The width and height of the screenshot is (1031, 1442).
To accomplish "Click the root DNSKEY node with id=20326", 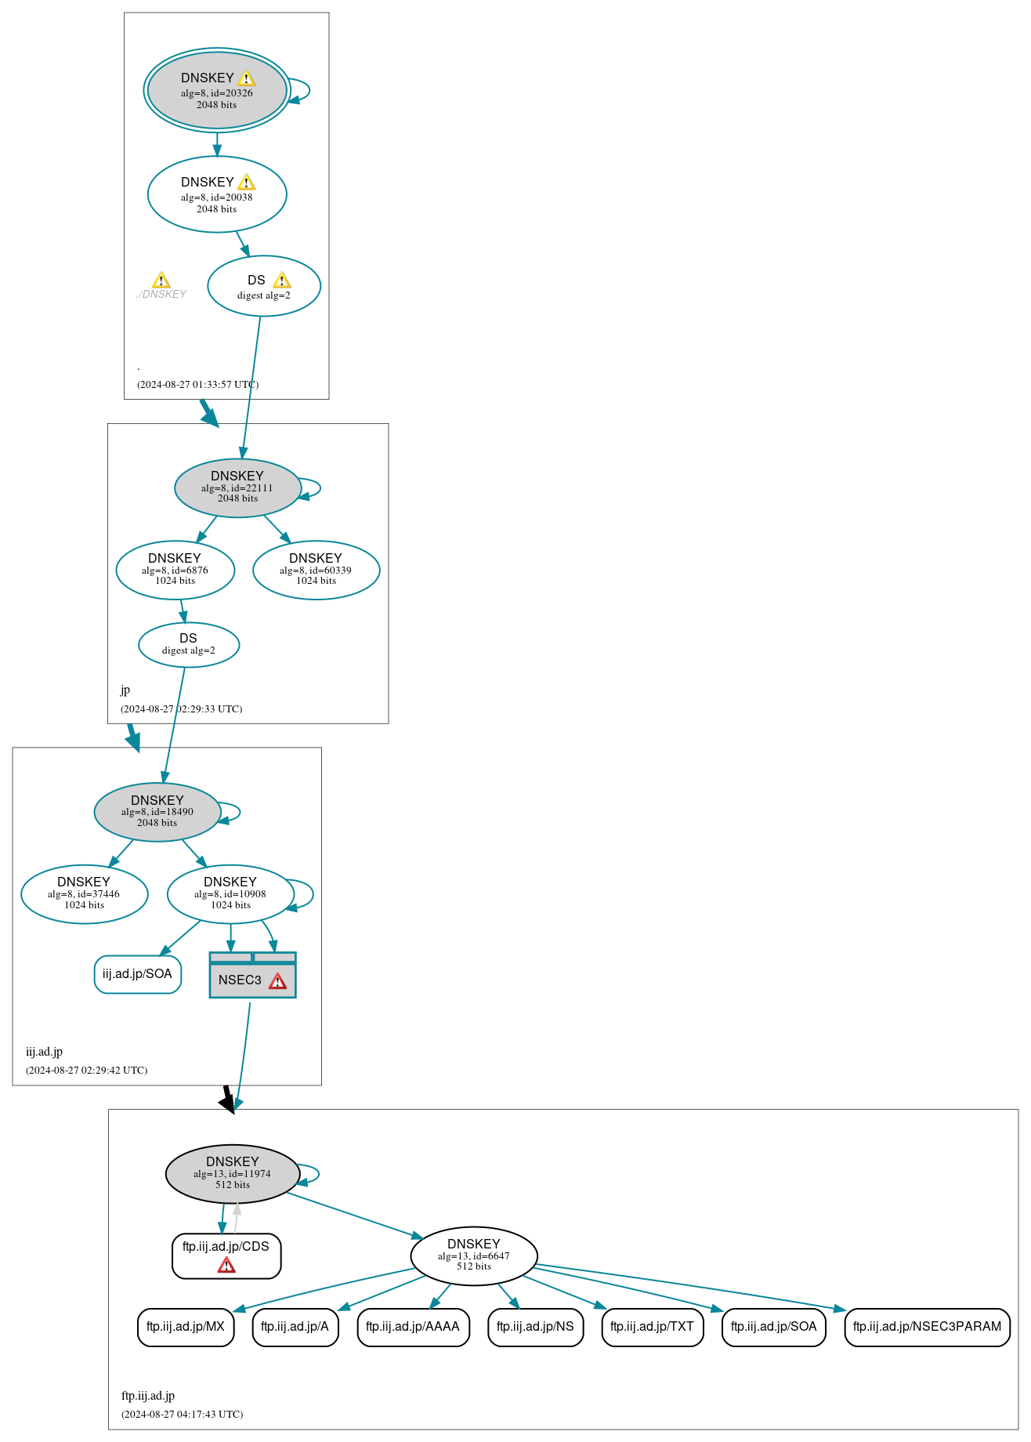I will [217, 90].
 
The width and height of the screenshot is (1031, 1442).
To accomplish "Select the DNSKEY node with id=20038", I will [217, 194].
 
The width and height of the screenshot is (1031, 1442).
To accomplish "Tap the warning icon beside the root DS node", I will [282, 281].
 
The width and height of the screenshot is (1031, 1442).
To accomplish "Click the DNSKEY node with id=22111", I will [237, 487].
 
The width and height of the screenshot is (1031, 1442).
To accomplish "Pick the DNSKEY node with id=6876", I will [175, 570].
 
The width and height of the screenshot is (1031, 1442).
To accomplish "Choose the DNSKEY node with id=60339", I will [316, 570].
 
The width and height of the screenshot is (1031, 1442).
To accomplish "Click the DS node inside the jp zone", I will [189, 644].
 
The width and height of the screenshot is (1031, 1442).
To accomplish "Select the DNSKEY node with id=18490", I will [157, 812].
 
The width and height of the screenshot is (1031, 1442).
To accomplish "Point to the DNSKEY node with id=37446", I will [84, 894].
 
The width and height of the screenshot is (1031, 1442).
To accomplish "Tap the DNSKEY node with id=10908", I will [230, 894].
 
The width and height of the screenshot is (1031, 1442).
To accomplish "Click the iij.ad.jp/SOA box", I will [137, 974].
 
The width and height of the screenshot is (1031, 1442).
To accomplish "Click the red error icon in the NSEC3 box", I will [277, 981].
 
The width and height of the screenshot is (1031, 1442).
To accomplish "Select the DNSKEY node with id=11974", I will [233, 1173].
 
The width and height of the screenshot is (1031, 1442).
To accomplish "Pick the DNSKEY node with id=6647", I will [473, 1255].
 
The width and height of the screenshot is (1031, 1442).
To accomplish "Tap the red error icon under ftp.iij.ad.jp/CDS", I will [226, 1265].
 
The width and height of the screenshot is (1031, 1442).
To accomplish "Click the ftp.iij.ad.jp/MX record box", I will [186, 1327].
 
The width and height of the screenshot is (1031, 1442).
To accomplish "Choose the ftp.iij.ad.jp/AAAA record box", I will [413, 1327].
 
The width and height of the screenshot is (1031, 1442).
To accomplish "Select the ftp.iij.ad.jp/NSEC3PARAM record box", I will [927, 1327].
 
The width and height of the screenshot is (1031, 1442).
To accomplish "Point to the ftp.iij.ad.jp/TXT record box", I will [652, 1327].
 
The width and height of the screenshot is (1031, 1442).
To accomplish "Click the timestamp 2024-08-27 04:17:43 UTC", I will [182, 1415].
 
